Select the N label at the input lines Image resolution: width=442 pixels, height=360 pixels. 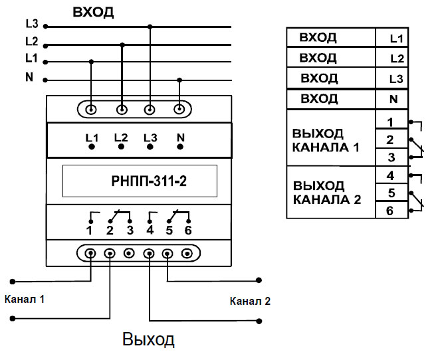click(29, 77)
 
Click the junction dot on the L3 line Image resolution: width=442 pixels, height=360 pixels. click(150, 27)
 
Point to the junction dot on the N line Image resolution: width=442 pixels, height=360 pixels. click(179, 80)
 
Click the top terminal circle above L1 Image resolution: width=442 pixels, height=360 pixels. click(91, 109)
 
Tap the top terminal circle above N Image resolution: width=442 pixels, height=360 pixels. click(179, 109)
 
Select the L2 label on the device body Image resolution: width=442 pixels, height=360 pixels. click(120, 137)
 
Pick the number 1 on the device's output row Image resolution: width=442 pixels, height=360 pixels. click(88, 230)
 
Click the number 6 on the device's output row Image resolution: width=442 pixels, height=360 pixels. click(188, 230)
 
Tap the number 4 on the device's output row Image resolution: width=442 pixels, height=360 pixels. click(150, 230)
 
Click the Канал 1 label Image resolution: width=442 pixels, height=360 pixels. click(24, 299)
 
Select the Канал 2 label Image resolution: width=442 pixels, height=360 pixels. click(250, 301)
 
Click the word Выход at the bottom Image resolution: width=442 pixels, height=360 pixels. click(148, 340)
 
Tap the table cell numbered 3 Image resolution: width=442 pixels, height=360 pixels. click(391, 157)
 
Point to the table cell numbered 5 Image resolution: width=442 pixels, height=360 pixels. click(391, 194)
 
